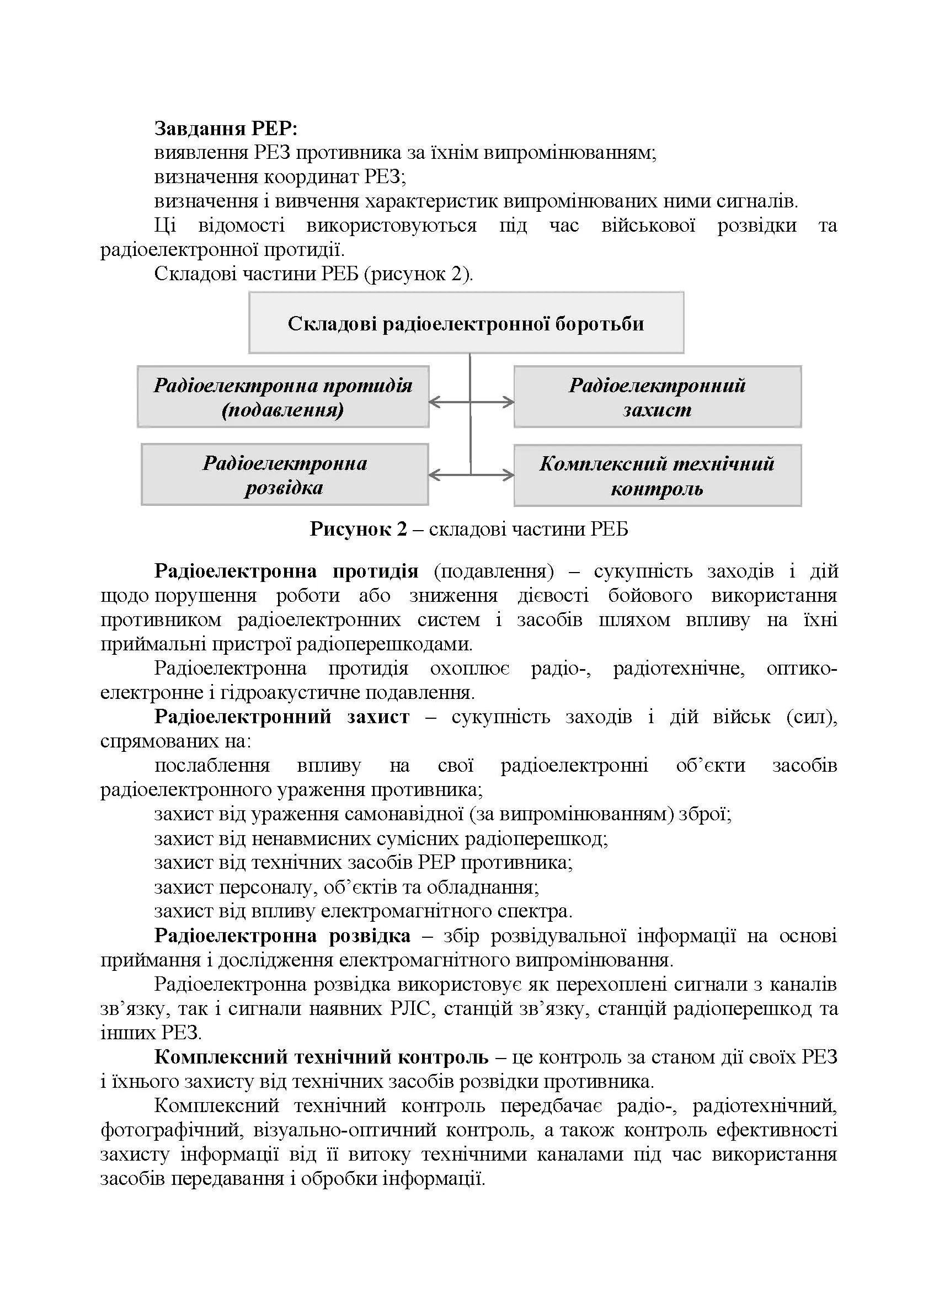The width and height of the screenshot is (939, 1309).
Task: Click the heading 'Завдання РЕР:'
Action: click(226, 128)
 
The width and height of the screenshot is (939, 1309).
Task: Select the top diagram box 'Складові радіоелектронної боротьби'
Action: click(466, 323)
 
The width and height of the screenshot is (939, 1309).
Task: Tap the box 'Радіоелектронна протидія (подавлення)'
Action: click(283, 397)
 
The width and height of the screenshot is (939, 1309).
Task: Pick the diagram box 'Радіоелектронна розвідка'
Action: click(285, 474)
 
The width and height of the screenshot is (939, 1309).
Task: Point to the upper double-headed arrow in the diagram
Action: click(471, 402)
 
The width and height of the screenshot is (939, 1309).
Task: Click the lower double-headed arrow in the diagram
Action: click(471, 475)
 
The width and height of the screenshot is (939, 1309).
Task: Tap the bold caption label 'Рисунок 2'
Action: click(358, 528)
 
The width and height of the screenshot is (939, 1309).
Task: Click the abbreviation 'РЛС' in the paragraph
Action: click(410, 1008)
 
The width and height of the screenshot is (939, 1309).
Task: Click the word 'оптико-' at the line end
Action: click(801, 668)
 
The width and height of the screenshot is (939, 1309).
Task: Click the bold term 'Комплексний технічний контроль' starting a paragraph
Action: click(321, 1057)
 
